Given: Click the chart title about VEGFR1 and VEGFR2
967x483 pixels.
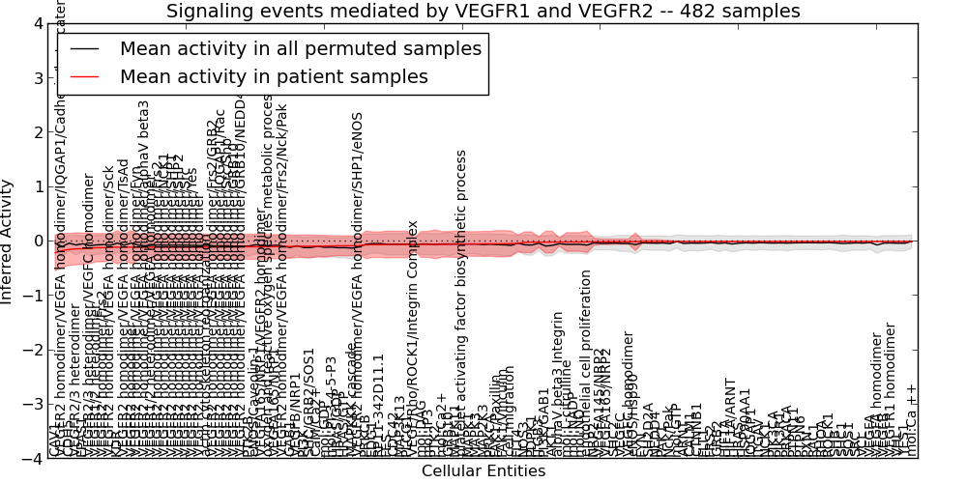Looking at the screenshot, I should point(483,12).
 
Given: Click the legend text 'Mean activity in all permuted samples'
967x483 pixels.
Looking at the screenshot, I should point(300,48).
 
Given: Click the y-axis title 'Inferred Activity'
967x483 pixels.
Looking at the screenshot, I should point(9,241).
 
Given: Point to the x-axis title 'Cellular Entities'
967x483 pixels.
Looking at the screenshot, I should point(483,471).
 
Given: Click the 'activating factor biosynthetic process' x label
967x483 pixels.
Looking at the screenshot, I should point(462,290).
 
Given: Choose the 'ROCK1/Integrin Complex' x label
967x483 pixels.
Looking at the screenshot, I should point(413,319).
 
